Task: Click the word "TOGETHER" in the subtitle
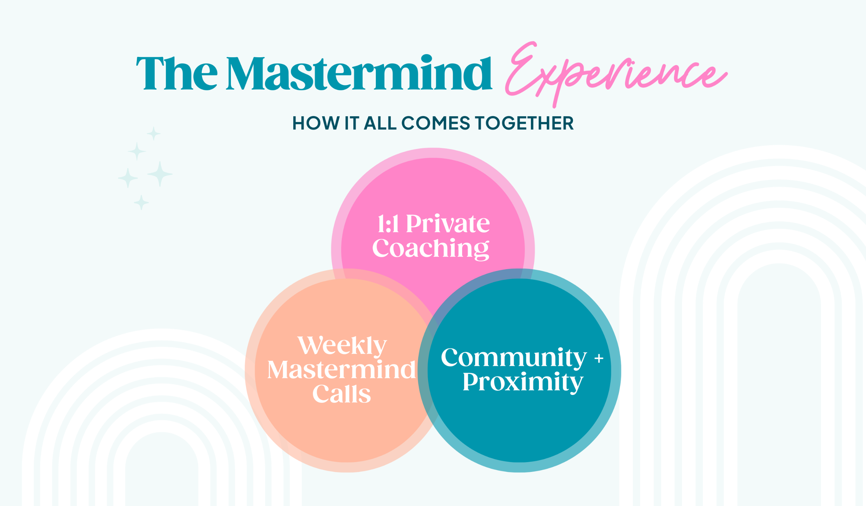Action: (524, 123)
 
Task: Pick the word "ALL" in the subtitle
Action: (380, 123)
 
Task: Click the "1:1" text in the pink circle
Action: (388, 224)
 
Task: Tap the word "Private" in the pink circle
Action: (448, 224)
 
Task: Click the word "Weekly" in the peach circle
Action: (342, 346)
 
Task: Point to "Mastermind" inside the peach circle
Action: (341, 370)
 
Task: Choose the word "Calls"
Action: (341, 394)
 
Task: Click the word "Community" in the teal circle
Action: (513, 358)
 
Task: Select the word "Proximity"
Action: (522, 382)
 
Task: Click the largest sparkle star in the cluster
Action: (160, 174)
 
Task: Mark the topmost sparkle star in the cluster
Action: (153, 134)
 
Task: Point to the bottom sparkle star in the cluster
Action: (141, 202)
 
